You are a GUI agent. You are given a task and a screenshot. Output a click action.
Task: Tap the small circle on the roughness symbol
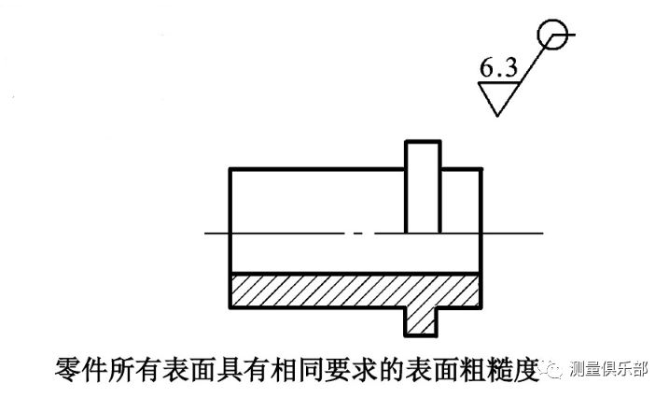click(551, 35)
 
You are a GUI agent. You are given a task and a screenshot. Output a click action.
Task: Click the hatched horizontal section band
click(317, 291)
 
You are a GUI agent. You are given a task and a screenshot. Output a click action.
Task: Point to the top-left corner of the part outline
click(230, 168)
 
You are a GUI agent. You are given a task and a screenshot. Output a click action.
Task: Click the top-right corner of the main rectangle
click(482, 168)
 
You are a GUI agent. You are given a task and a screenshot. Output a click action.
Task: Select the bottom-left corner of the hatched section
click(230, 308)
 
